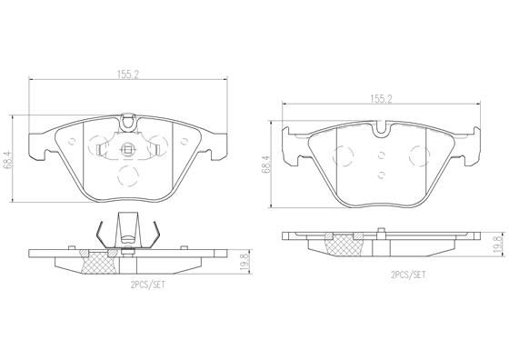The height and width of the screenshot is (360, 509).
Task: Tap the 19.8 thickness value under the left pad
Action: coord(243,260)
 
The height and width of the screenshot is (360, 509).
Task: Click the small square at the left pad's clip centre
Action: coord(128,151)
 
